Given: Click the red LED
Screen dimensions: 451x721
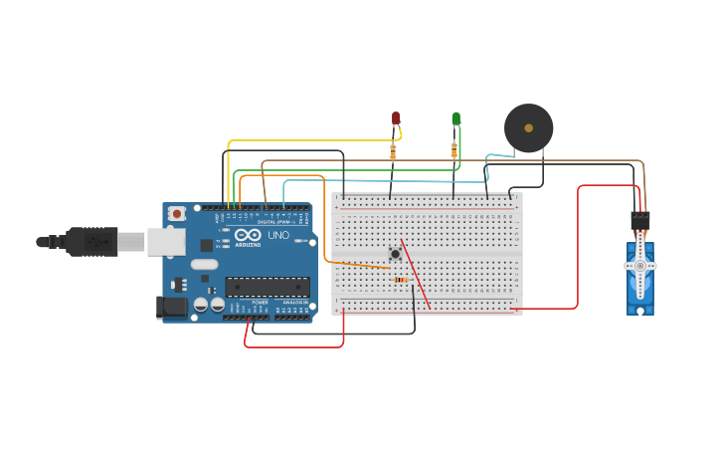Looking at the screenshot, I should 396,118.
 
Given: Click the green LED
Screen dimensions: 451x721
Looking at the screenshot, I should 456,118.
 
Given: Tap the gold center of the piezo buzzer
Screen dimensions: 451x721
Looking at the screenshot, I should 528,127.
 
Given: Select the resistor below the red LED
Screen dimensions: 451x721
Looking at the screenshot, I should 393,151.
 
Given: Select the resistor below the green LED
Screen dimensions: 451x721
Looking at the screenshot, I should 454,150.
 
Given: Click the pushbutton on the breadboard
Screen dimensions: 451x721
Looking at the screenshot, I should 395,254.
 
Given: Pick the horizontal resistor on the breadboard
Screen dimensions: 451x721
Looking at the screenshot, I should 401,280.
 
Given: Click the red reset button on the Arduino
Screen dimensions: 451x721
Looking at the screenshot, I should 177,213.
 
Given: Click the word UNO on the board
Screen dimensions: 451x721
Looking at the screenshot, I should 278,236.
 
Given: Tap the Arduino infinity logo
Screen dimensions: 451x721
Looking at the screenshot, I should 248,234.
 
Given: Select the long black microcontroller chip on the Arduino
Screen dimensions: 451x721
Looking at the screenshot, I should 267,287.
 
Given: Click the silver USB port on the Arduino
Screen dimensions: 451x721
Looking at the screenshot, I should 166,241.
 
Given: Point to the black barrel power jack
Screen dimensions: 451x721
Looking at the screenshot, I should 172,307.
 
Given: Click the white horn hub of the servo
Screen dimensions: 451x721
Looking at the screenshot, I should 640,266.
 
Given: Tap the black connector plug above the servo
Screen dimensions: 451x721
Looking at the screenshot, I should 640,221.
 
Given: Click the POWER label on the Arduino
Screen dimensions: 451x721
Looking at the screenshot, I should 260,303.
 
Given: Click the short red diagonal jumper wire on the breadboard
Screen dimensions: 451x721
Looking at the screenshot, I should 416,274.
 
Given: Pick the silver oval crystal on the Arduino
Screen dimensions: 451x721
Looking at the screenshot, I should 204,265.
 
